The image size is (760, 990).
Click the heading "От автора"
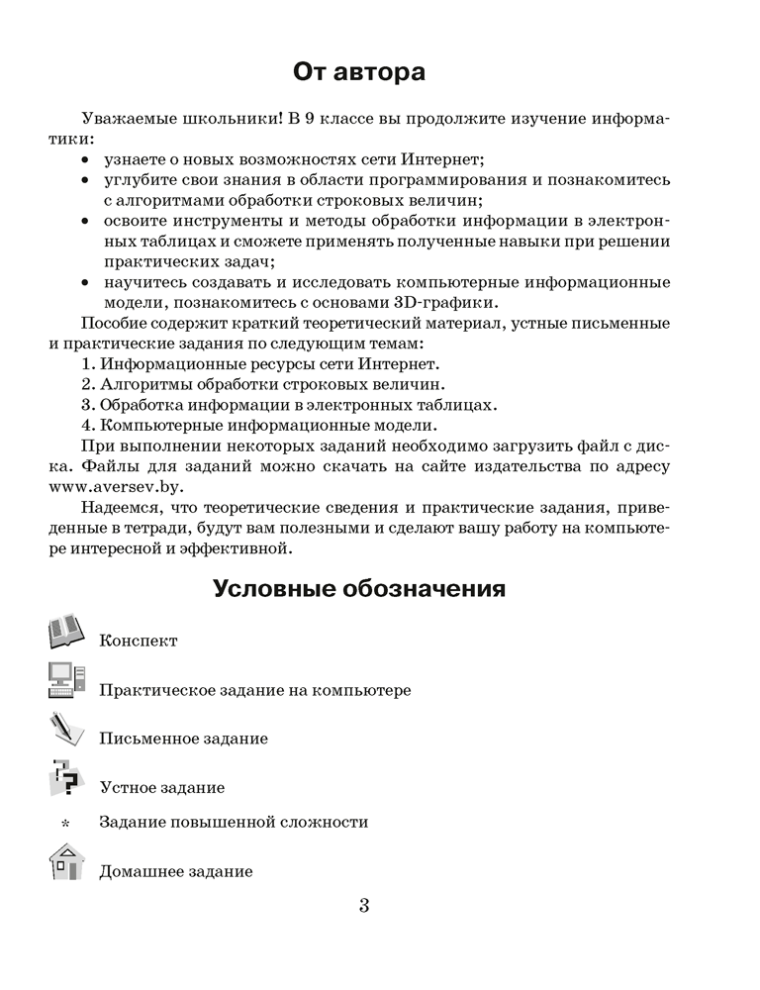tap(359, 72)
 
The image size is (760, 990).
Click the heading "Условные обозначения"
tap(359, 589)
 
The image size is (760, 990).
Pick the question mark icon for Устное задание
tap(67, 779)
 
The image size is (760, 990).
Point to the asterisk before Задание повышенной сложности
tap(66, 824)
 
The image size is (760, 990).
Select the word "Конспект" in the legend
tap(139, 641)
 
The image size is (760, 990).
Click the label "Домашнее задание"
tap(175, 872)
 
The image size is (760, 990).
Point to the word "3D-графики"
tap(466, 303)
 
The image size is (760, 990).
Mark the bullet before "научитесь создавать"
tap(85, 283)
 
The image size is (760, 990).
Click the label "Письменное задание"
tap(183, 739)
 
